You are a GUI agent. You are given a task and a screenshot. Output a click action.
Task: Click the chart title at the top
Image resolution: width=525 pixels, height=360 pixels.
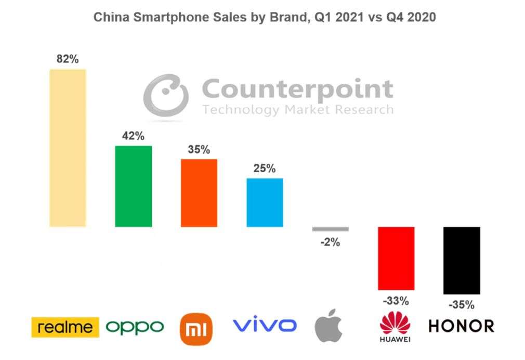264,17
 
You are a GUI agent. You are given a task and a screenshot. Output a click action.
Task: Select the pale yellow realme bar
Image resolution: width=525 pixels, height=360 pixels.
68,148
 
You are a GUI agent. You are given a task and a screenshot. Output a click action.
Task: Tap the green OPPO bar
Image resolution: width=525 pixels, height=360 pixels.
133,186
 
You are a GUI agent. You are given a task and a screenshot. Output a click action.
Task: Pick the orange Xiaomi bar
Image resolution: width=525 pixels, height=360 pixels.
199,192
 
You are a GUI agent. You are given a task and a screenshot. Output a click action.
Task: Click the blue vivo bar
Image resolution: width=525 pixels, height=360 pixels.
265,202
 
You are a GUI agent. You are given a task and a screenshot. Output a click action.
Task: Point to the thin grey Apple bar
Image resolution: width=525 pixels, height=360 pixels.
330,229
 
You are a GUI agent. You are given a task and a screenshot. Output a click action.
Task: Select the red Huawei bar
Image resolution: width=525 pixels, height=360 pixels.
396,258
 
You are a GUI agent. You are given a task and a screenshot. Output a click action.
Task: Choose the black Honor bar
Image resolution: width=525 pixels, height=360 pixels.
462,260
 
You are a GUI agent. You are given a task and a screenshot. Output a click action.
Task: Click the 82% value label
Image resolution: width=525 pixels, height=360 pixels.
68,59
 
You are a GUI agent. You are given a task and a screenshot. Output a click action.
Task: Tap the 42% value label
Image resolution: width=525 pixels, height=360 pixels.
133,136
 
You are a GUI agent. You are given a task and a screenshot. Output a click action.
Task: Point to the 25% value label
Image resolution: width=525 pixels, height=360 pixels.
265,169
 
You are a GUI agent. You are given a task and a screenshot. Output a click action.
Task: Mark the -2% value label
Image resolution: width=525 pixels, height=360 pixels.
330,242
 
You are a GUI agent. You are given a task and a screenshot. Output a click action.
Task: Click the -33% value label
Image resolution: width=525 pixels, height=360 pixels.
396,301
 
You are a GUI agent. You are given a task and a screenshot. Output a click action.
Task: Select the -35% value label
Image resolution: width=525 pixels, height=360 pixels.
462,305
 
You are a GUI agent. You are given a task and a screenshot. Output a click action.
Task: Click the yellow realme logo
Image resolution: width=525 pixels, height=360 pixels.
65,327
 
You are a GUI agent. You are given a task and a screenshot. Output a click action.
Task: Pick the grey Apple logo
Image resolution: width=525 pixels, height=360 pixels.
329,326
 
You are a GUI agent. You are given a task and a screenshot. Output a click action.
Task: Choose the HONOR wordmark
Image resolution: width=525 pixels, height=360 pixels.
461,326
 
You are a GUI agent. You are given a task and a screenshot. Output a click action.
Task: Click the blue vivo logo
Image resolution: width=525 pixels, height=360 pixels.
265,326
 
